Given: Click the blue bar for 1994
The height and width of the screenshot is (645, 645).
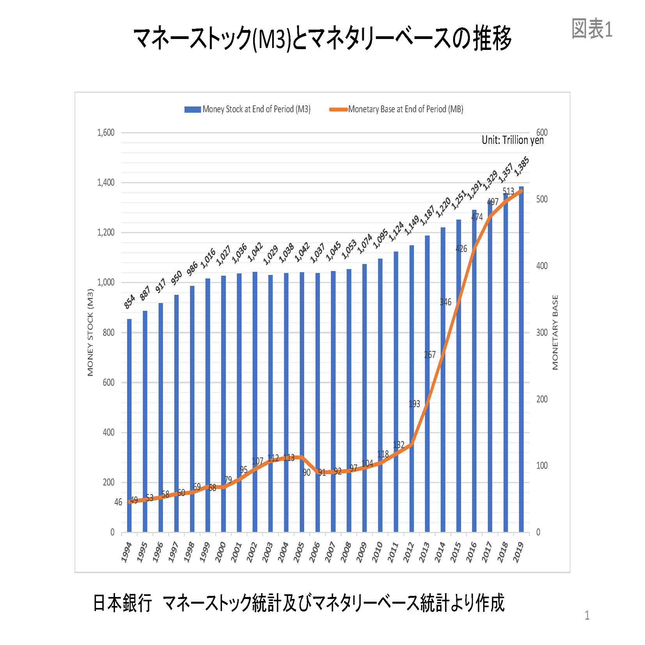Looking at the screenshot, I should pos(129,425).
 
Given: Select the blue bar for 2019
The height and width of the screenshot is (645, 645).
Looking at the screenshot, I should pos(521,359).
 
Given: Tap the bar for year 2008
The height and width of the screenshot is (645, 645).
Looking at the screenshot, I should pos(349,400).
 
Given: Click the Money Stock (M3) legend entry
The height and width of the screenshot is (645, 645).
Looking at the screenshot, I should pos(247,109).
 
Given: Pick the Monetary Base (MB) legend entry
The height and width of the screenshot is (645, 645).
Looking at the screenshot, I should pos(396,109).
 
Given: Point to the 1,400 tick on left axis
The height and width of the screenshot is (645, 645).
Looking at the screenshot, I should pos(106,183).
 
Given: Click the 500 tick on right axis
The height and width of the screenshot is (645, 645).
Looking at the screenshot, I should pos(542,199).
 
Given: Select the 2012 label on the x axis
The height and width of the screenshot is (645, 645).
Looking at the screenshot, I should pos(409,551).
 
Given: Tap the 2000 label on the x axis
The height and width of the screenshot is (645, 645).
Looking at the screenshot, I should pos(221,551).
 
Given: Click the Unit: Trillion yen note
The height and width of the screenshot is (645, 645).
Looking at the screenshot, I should pos(512,140).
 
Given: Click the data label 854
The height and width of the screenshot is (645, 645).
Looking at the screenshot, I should pos(129,301).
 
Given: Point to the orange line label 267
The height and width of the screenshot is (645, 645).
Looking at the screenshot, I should pos(430,354).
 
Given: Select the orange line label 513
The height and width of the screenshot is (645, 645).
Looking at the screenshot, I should pos(508,191).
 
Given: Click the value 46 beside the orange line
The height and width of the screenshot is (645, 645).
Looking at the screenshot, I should pos(118,502).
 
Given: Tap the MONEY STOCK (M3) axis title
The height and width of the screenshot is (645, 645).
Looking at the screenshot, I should pos(90,332).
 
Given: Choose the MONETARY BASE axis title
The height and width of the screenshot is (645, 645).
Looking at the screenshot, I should pos(555,332).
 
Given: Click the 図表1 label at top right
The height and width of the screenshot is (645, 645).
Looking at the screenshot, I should pos(592,29).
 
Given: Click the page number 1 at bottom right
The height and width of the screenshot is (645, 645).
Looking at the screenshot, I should pos(587,615).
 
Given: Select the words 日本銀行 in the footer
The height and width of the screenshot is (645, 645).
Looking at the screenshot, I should pos(122,603).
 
